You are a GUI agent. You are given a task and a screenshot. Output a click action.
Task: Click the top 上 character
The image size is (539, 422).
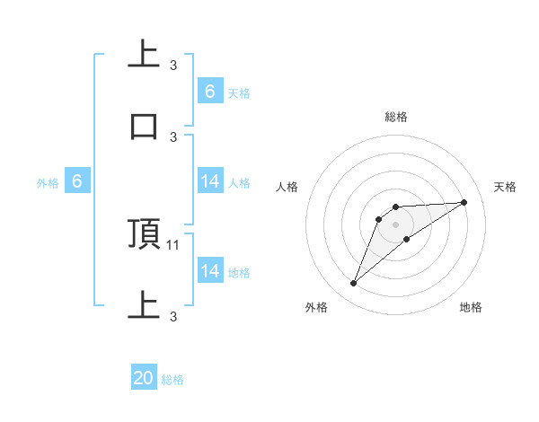click(x=145, y=55)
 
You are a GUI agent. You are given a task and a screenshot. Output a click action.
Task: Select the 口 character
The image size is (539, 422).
click(x=145, y=126)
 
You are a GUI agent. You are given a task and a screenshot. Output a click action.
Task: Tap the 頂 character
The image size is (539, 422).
click(x=145, y=233)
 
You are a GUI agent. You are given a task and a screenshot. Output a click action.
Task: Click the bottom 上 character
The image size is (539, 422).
click(x=145, y=305)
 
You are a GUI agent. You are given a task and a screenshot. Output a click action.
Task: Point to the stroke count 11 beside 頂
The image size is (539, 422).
click(x=174, y=244)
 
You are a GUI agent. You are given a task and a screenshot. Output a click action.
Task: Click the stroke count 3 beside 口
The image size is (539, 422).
click(x=173, y=136)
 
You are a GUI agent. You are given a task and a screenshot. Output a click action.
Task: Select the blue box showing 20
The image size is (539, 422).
click(x=144, y=379)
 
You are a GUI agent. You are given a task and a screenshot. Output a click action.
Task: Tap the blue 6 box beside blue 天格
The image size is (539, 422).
click(x=209, y=91)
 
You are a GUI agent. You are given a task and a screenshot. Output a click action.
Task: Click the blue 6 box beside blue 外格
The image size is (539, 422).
click(x=77, y=181)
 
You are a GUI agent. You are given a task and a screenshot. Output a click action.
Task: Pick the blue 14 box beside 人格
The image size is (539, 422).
click(x=209, y=181)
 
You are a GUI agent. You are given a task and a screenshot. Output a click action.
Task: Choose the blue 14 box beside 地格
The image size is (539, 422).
click(x=209, y=271)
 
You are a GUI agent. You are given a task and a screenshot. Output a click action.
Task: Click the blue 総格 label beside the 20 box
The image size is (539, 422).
click(x=172, y=380)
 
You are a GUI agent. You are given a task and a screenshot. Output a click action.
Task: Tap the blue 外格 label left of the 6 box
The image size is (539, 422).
click(x=48, y=182)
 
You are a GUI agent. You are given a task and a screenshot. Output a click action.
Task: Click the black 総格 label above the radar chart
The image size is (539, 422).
click(x=395, y=117)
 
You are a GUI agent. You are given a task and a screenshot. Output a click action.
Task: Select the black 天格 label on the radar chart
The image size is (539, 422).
click(x=506, y=187)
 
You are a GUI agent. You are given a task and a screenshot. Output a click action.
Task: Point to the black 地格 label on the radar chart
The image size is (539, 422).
click(x=471, y=307)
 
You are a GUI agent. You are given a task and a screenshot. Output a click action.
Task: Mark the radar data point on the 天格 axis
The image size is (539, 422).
click(x=464, y=202)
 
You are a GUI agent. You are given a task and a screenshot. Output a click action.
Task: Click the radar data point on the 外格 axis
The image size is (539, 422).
click(x=353, y=284)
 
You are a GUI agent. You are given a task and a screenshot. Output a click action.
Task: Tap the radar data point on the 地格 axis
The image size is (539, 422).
click(x=407, y=239)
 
